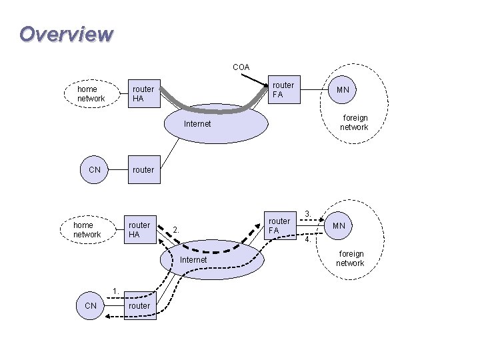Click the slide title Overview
click(x=66, y=33)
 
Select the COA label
click(x=241, y=67)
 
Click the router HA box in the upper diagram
click(x=143, y=94)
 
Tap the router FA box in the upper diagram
click(x=283, y=90)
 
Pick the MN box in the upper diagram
click(x=343, y=89)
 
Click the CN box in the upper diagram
click(x=95, y=170)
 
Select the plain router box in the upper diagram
click(x=143, y=170)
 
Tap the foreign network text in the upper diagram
click(x=354, y=123)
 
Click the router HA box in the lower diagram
click(x=139, y=230)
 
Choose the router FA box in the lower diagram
click(x=279, y=226)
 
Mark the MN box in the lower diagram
click(x=339, y=226)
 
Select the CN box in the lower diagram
click(x=91, y=305)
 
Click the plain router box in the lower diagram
click(x=139, y=306)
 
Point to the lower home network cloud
click(x=87, y=230)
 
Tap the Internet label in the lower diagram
click(x=194, y=259)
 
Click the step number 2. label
click(x=176, y=230)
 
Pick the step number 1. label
click(x=116, y=290)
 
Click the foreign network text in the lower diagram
click(x=350, y=259)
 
